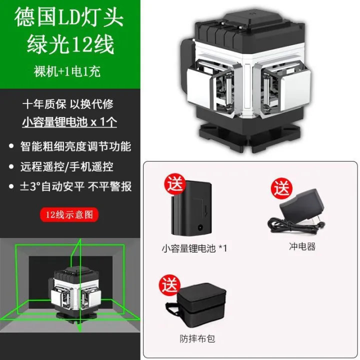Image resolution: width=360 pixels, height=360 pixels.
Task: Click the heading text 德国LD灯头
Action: click(x=69, y=18)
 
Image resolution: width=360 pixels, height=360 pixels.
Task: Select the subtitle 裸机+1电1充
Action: click(x=69, y=71)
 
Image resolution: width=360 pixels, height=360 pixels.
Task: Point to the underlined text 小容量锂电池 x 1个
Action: click(x=69, y=121)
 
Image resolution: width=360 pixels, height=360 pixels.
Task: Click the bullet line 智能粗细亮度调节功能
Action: click(x=75, y=146)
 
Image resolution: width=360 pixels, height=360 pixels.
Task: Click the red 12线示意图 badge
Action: click(x=69, y=215)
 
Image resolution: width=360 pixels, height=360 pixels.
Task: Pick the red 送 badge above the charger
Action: click(x=281, y=189)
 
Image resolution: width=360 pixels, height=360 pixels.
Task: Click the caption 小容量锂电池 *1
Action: click(x=194, y=247)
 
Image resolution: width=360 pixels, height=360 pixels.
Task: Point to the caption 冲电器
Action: click(x=302, y=246)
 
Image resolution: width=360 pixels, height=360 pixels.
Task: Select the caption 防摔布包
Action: click(x=197, y=338)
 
